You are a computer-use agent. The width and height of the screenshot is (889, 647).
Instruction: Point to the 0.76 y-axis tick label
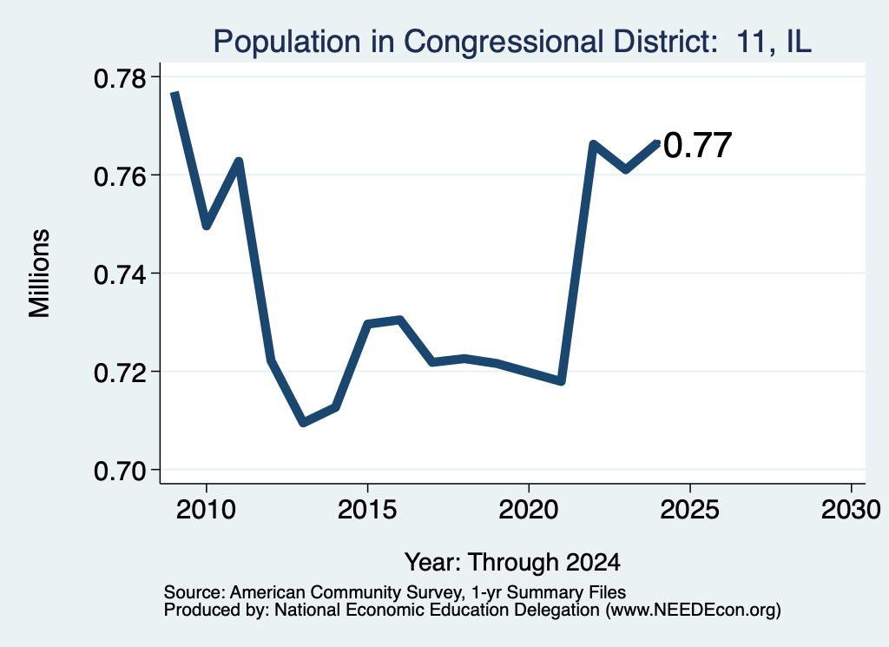click(119, 177)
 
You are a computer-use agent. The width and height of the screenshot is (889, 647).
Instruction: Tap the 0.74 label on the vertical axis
click(119, 275)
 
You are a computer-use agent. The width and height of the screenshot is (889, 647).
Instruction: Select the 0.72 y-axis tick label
click(119, 373)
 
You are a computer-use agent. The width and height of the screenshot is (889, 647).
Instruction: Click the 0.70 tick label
click(119, 472)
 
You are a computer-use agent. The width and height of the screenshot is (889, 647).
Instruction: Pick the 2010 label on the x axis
click(206, 510)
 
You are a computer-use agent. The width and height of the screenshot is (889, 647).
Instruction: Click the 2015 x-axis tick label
click(367, 510)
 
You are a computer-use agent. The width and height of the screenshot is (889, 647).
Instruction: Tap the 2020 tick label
click(529, 510)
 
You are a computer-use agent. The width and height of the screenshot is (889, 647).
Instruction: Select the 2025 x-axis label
click(690, 510)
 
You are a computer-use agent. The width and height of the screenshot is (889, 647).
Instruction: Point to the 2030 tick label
click(851, 510)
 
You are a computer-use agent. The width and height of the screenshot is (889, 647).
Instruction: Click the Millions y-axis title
click(40, 274)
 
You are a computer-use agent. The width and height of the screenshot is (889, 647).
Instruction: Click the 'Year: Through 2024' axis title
click(512, 563)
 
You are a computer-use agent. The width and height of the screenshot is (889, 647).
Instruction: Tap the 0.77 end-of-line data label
click(697, 145)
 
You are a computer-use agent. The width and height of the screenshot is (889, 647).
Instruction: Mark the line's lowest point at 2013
click(303, 422)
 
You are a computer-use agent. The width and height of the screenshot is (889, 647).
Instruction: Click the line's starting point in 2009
click(175, 93)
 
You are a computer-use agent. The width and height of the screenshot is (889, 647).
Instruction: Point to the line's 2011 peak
click(240, 162)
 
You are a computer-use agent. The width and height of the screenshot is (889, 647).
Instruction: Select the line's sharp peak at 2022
click(593, 144)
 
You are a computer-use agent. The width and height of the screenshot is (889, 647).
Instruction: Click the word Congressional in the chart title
click(503, 42)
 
